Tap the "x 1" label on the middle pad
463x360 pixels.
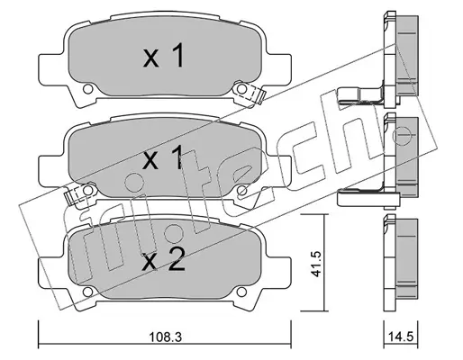click(164, 157)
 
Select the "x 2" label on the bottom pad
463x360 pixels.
click(164, 260)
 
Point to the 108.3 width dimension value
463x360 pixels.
click(166, 337)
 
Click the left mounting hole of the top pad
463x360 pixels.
click(87, 88)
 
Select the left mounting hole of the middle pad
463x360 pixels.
click(87, 190)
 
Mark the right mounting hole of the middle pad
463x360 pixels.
click(242, 190)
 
